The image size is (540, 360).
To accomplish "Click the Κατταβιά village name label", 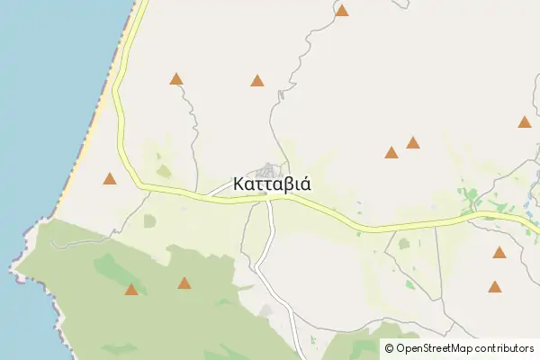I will (x=272, y=184).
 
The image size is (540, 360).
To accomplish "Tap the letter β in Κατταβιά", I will (x=286, y=184).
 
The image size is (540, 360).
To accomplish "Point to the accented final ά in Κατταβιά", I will (x=306, y=183).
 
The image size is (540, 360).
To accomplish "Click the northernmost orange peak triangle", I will (x=342, y=11).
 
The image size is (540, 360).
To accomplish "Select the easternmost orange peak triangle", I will (x=525, y=122).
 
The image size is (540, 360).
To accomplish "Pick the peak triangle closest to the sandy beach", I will (x=110, y=179).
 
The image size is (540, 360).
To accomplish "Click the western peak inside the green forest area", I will (x=131, y=290).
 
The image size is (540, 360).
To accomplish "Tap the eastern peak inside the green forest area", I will (x=184, y=283).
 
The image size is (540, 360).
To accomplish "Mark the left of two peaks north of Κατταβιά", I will (x=176, y=79).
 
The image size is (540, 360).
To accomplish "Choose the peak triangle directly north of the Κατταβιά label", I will (x=257, y=81).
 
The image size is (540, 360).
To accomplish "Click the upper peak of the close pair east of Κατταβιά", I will (x=413, y=142).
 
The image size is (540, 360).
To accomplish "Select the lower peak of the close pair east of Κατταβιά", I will (x=391, y=153).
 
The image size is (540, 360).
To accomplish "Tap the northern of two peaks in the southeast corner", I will (x=499, y=253).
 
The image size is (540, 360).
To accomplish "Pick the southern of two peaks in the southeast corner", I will (x=495, y=287).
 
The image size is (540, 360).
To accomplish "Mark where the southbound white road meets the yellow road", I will (x=270, y=200).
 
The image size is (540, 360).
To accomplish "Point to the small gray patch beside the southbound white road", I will (x=266, y=310).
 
